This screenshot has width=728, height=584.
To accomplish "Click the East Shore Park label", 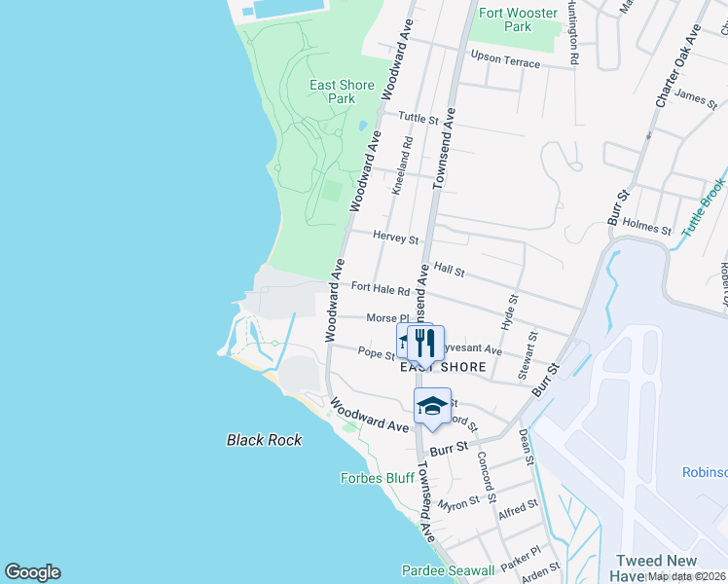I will tap(342, 91).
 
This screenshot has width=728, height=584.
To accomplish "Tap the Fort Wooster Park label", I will tap(519, 19).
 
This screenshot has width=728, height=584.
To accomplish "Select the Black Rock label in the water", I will tap(264, 440).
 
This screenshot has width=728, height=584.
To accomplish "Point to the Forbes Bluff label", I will tap(378, 478).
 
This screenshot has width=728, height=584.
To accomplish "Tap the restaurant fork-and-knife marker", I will tap(422, 343).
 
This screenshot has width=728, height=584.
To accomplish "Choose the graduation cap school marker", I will tap(433, 405).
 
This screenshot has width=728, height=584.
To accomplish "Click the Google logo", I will tap(32, 572).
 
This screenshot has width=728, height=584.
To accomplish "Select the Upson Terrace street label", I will tap(504, 60).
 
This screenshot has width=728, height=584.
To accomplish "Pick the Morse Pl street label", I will tap(386, 318).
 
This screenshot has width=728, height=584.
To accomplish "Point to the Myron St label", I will tap(458, 503).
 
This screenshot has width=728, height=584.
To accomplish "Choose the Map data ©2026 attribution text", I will tap(686, 576).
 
